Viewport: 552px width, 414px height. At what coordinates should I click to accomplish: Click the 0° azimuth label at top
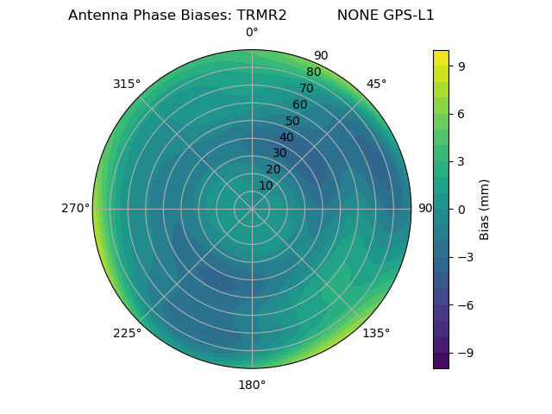point(252,33)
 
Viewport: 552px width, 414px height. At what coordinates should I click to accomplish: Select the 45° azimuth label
point(377,84)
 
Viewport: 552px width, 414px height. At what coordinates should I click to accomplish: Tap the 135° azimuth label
point(376,333)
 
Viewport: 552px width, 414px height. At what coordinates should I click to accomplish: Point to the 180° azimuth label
point(252,385)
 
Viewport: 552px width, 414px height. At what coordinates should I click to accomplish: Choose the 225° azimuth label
point(127,333)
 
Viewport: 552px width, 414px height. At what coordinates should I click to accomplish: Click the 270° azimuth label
point(76,208)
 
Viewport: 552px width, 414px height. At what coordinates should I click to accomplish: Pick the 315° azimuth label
point(127,84)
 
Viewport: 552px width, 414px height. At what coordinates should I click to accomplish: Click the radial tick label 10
point(266,185)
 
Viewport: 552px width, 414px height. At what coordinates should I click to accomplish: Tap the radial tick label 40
point(286,137)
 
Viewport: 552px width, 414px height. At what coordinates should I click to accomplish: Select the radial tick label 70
point(306,88)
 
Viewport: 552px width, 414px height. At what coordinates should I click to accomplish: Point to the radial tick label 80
point(313,72)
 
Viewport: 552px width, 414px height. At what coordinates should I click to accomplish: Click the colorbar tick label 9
point(461,66)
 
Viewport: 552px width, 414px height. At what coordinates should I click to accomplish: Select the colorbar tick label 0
point(461,209)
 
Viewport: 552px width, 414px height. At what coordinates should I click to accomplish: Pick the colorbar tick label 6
point(461,113)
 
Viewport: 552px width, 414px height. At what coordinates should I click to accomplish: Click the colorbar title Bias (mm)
point(485,209)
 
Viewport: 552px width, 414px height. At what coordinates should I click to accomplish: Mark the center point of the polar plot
point(252,209)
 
